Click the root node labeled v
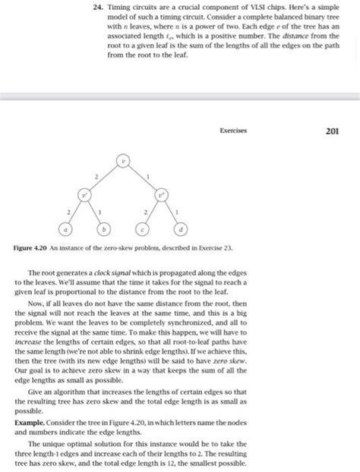[x=122, y=162]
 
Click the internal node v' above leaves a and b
[x=85, y=194]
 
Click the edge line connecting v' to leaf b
[x=95, y=212]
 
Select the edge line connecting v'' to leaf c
[x=150, y=212]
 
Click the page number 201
[x=332, y=131]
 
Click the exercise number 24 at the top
[x=89, y=7]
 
